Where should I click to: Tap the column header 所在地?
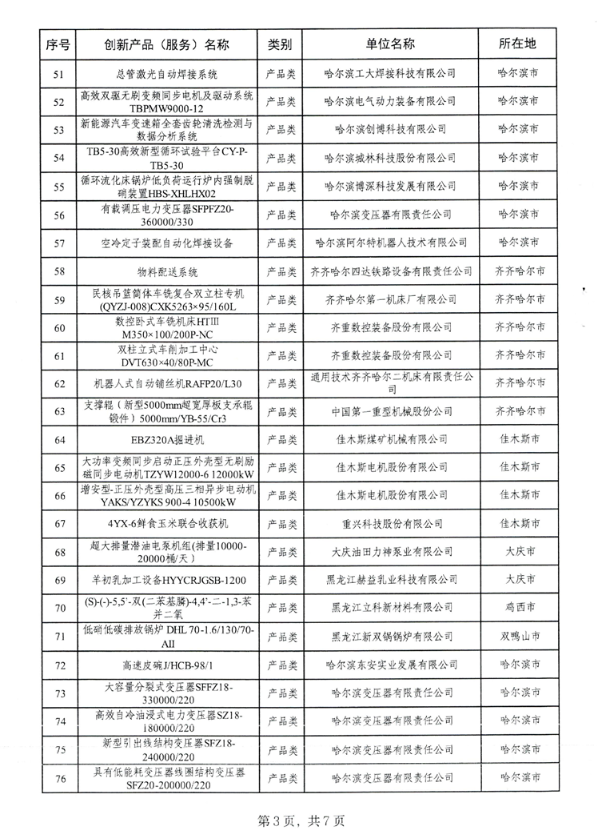[x=517, y=45]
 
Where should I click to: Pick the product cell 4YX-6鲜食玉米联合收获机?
[x=167, y=523]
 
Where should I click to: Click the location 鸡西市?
[x=517, y=607]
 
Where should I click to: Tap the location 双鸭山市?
[x=517, y=635]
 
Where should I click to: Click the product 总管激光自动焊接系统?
[x=167, y=74]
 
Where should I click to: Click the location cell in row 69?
[x=517, y=579]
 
